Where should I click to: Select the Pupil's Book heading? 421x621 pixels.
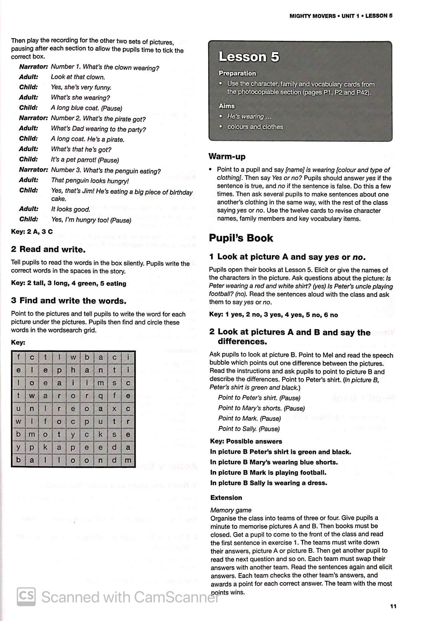(241, 238)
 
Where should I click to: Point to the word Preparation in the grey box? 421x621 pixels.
(237, 73)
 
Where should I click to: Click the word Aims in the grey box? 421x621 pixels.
(226, 106)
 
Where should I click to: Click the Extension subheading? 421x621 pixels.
(226, 497)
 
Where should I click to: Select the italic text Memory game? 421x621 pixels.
(231, 510)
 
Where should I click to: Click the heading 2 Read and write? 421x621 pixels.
(48, 249)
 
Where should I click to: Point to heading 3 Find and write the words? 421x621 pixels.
(69, 301)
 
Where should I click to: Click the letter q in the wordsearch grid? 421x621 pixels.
(101, 396)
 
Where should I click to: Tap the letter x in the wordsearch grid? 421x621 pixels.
(114, 408)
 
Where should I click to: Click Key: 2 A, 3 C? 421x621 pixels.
(32, 232)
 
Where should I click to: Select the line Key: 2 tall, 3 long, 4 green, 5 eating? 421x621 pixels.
(69, 283)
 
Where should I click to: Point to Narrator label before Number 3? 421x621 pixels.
(33, 170)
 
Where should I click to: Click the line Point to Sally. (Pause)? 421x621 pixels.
(249, 429)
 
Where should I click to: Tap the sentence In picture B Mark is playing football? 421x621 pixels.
(268, 472)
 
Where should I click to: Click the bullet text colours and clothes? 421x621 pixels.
(255, 127)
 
